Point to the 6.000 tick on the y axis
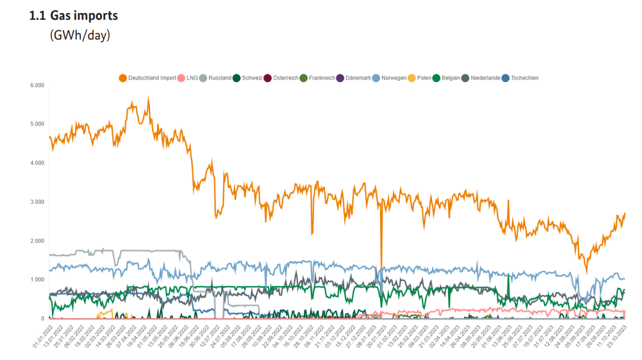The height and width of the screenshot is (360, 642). (x=37, y=85)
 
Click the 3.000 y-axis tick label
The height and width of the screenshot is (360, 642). (x=37, y=202)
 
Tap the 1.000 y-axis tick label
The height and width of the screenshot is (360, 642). (x=37, y=280)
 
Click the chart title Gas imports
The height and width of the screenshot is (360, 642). (x=83, y=15)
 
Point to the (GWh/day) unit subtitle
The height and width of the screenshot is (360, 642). (x=80, y=35)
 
